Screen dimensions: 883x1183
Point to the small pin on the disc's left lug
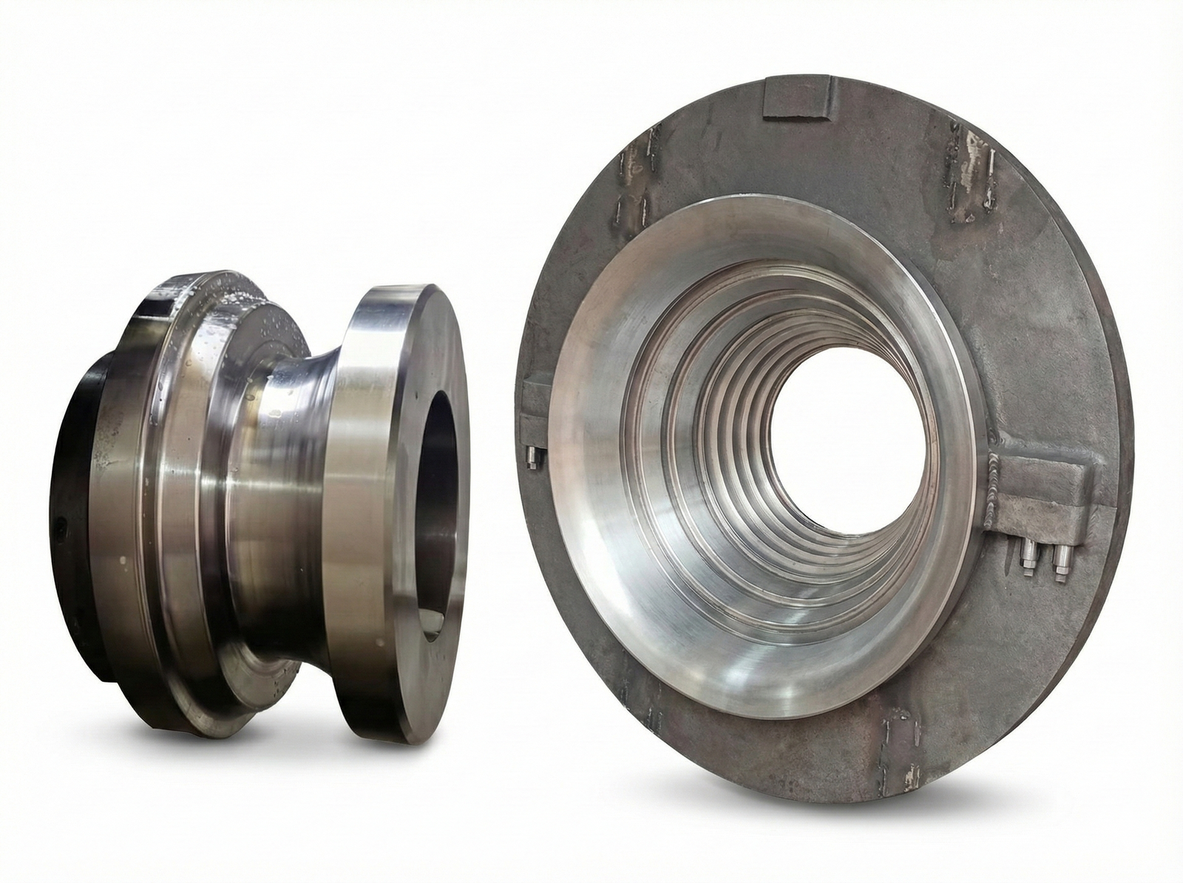pos(529,457)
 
